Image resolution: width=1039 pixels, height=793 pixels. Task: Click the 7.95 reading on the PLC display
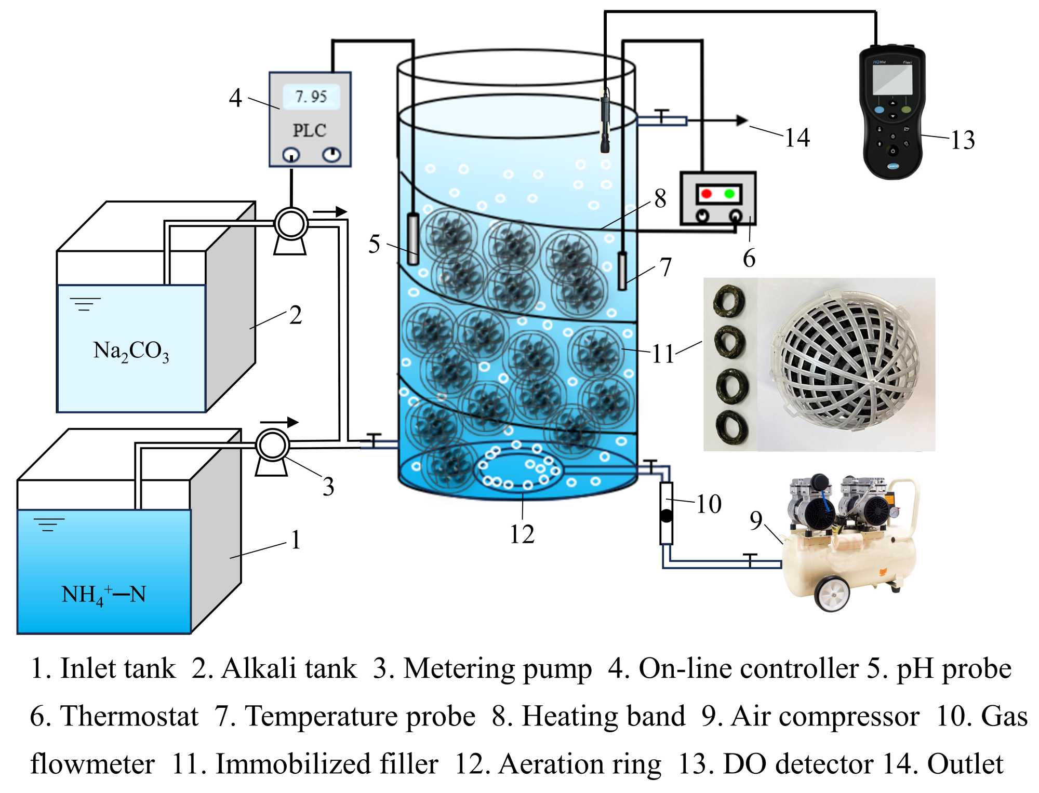point(311,97)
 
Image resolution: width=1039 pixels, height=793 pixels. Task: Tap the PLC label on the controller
point(310,130)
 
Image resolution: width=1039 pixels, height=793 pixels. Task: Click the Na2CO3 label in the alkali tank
point(131,351)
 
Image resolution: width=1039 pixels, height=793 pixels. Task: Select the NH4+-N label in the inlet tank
point(103,595)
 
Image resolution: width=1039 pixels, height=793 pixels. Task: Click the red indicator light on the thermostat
point(706,194)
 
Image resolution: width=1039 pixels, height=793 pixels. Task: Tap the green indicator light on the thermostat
point(729,194)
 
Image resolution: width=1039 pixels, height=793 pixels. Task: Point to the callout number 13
point(963,140)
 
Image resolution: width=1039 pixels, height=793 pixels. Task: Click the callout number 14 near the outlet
point(797,138)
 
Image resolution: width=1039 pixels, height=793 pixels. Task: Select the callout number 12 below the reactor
point(522,534)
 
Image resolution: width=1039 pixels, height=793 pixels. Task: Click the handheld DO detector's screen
point(892,79)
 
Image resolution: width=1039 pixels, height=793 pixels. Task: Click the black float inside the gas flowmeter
point(666,516)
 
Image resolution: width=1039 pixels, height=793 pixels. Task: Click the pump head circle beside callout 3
point(272,445)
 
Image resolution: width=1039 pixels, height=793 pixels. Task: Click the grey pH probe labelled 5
point(413,239)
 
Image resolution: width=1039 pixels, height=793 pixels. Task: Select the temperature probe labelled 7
point(622,271)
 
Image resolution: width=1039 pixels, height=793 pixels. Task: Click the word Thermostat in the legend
point(129,717)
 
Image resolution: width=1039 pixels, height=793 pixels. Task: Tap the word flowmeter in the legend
point(92,764)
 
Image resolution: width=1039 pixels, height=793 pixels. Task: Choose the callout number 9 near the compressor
point(756,520)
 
